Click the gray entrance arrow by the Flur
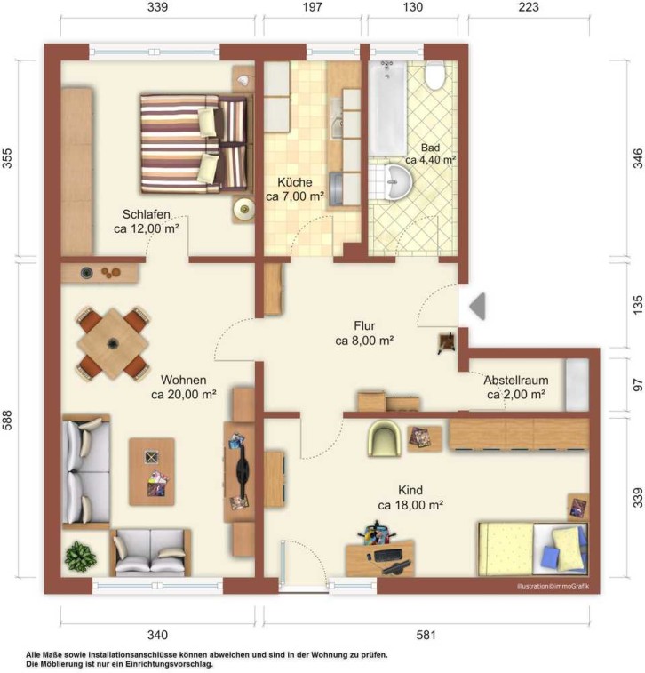(x=478, y=306)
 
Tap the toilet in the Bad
(x=435, y=75)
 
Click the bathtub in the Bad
(x=387, y=108)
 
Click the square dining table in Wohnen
(x=113, y=343)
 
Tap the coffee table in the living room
(x=152, y=471)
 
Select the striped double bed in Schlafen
(x=194, y=144)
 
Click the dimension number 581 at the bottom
(x=426, y=635)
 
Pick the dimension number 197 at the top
(x=312, y=7)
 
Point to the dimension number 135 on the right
(x=638, y=305)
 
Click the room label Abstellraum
(x=516, y=380)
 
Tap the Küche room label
(x=295, y=182)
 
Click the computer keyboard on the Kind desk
(x=388, y=556)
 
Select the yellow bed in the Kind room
(x=533, y=549)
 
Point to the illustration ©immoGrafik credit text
(x=553, y=586)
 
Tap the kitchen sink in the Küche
(x=336, y=119)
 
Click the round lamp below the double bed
(x=244, y=210)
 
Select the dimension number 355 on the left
(x=7, y=158)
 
